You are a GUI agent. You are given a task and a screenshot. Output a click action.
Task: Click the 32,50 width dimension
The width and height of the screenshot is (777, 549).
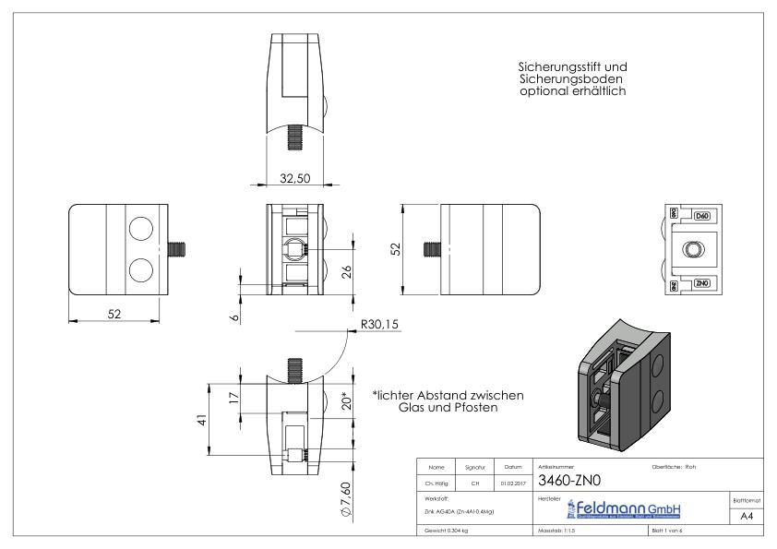click(293, 177)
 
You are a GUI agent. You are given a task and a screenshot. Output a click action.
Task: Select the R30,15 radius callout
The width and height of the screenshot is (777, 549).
click(378, 325)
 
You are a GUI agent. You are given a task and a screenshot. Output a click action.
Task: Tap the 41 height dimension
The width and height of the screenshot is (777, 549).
click(201, 423)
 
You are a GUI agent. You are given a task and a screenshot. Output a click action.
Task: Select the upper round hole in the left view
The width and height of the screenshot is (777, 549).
click(141, 229)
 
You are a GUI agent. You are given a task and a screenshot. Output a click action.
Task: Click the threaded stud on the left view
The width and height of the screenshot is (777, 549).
click(181, 249)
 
